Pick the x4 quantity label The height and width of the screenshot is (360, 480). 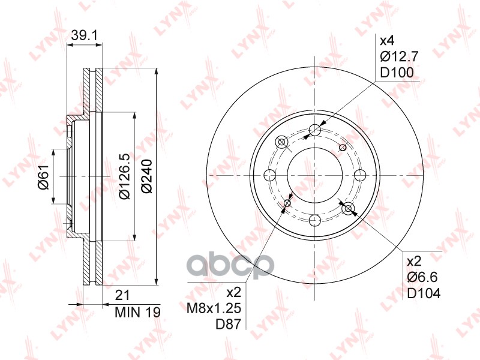click(x=387, y=41)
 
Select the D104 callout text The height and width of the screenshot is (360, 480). click(x=424, y=293)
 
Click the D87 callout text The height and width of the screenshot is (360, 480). click(x=232, y=325)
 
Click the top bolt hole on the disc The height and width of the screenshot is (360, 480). click(x=315, y=130)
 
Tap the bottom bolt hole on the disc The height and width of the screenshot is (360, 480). click(x=315, y=220)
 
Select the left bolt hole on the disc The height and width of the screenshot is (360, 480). click(x=270, y=175)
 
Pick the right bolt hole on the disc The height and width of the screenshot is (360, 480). click(x=360, y=175)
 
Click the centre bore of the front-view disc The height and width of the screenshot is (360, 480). click(x=315, y=175)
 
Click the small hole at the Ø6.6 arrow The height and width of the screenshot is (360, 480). click(x=349, y=208)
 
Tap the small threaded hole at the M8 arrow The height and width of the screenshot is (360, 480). click(x=287, y=203)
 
